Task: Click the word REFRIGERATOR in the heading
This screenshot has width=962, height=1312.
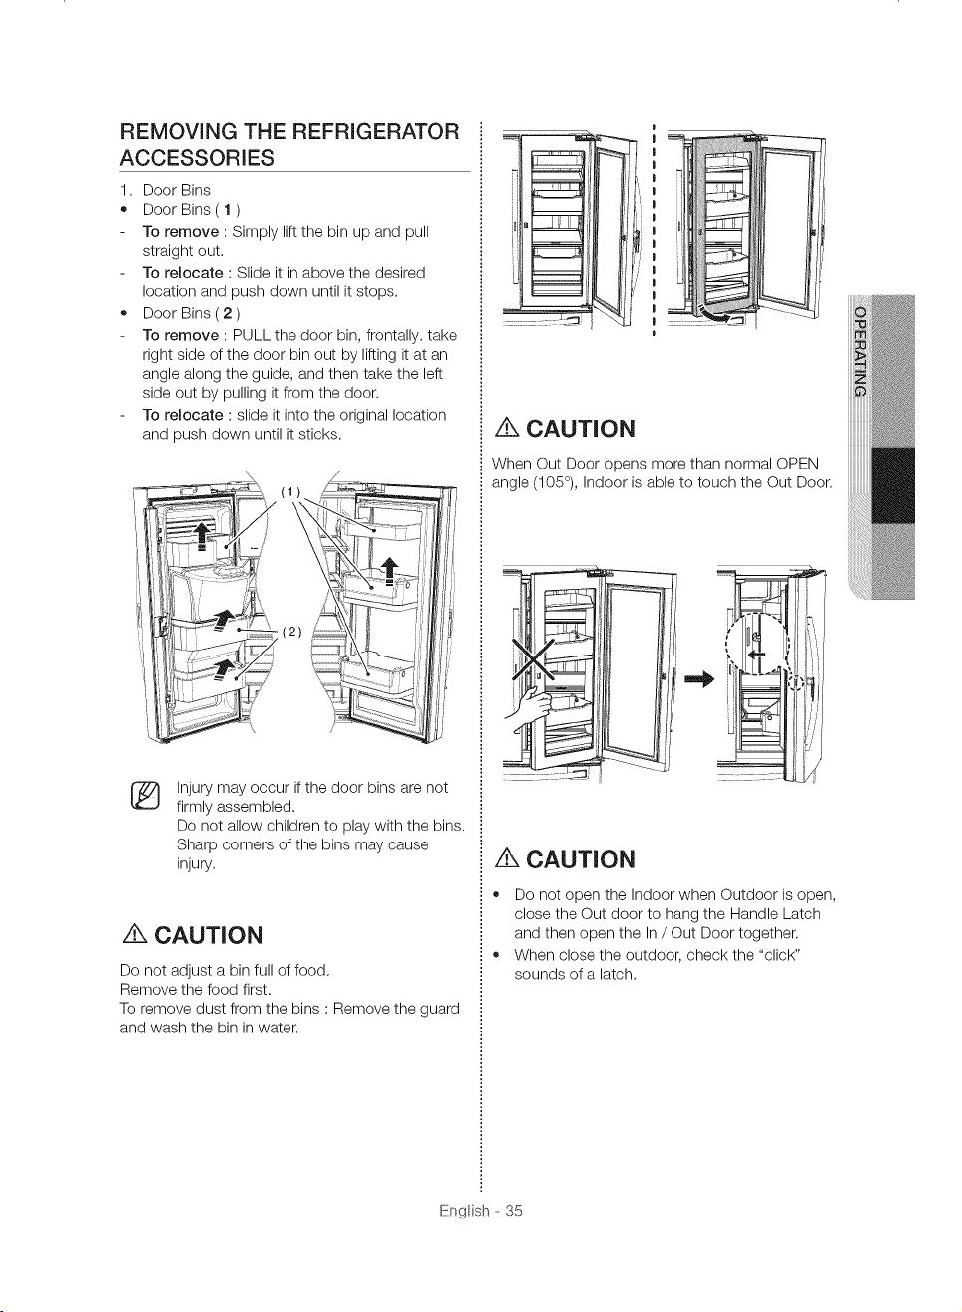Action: tap(375, 131)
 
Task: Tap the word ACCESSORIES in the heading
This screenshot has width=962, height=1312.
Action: tap(197, 158)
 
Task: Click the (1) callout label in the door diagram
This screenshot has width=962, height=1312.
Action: tap(290, 492)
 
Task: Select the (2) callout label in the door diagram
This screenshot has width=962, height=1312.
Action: tap(291, 632)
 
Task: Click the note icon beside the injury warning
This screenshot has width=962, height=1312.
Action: tap(146, 797)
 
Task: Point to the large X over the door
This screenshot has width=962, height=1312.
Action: tap(535, 660)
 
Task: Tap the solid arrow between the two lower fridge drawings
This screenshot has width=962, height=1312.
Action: tap(700, 679)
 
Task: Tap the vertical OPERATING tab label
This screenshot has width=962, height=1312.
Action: tap(859, 350)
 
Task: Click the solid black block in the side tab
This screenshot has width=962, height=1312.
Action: tap(893, 485)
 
